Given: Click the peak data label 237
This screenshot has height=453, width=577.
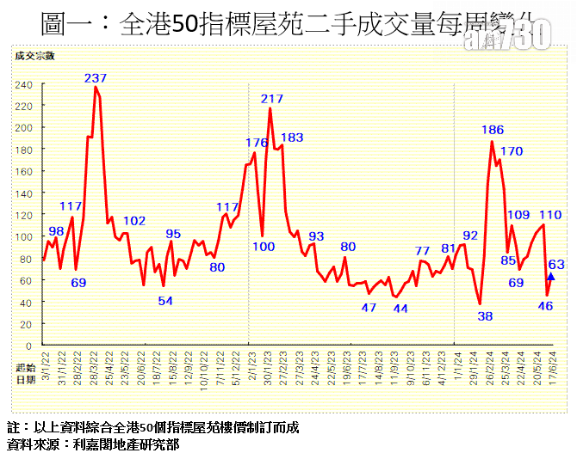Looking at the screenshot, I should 96,78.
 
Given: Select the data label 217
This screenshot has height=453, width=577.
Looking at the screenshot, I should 272,99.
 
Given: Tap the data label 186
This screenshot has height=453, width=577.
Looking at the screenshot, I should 493,131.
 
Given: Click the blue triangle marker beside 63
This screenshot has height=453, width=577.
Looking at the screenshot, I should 550,277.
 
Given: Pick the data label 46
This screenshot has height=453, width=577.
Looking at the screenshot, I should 545,305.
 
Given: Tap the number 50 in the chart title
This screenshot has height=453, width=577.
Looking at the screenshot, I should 185,25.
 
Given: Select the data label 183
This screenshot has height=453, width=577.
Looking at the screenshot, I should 292,138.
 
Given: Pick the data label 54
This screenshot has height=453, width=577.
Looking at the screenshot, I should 165,301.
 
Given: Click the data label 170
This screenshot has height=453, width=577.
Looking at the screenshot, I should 512,151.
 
